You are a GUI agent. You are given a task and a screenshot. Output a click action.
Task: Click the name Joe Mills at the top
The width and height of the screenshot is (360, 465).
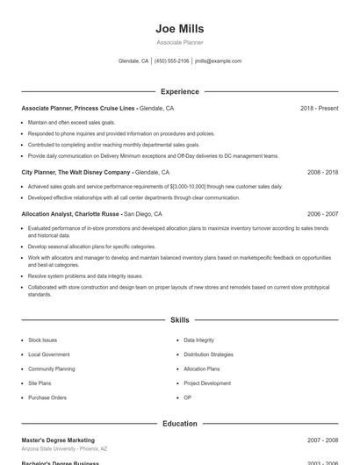click(179, 28)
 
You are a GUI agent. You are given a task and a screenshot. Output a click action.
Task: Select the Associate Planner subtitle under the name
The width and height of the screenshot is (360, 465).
click(179, 42)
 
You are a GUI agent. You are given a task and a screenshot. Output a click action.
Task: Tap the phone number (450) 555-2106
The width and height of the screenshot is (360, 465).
click(171, 61)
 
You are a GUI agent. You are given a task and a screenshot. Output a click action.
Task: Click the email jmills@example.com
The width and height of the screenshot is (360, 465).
click(218, 61)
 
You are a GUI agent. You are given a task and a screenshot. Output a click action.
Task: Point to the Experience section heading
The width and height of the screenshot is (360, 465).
click(179, 91)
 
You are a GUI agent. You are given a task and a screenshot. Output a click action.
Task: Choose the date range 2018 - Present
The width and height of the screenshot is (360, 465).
click(319, 108)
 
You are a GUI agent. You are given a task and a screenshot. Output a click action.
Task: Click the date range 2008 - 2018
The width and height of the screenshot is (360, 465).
click(322, 173)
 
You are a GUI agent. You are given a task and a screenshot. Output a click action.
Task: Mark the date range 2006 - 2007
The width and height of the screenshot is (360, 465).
click(322, 213)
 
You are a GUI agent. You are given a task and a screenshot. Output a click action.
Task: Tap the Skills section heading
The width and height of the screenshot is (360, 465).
click(179, 320)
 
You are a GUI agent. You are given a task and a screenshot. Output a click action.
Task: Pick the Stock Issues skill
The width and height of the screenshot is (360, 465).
click(42, 340)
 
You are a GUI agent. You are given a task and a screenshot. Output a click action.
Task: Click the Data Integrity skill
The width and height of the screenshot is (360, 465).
click(198, 340)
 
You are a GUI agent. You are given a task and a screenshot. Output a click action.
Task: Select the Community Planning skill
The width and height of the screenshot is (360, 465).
click(51, 369)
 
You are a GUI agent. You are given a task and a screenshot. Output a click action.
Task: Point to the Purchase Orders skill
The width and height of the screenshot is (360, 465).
click(47, 397)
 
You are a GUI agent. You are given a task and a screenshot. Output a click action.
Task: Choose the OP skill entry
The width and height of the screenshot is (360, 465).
click(187, 397)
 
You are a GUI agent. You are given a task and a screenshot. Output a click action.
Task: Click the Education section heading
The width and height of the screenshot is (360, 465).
click(179, 424)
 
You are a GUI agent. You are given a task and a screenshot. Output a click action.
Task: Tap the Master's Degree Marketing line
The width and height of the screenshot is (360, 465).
click(58, 440)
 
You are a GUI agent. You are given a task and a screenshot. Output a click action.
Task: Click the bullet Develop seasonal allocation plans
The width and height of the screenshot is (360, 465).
click(79, 247)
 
